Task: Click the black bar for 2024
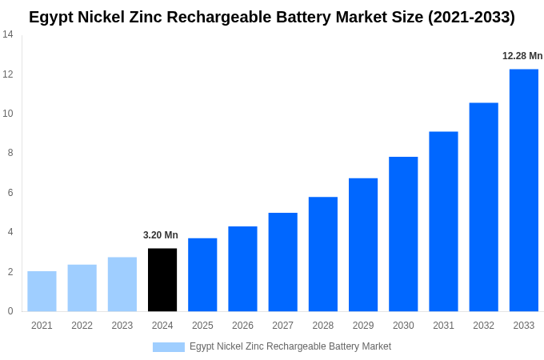pyautogui.click(x=162, y=280)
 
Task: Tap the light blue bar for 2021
pyautogui.click(x=42, y=291)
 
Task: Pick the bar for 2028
pyautogui.click(x=322, y=254)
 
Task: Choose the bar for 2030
pyautogui.click(x=403, y=234)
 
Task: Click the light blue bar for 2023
pyautogui.click(x=122, y=284)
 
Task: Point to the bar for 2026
pyautogui.click(x=242, y=269)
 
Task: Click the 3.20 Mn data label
pyautogui.click(x=161, y=235)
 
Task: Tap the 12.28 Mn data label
pyautogui.click(x=522, y=56)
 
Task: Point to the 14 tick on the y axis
pyautogui.click(x=8, y=34)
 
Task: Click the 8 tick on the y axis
pyautogui.click(x=10, y=153)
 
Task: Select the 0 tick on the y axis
pyautogui.click(x=10, y=311)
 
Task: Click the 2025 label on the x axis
pyautogui.click(x=202, y=326)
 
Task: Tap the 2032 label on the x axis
pyautogui.click(x=483, y=326)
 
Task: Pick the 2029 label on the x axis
pyautogui.click(x=363, y=326)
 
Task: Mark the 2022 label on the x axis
pyautogui.click(x=82, y=326)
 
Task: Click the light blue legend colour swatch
pyautogui.click(x=168, y=347)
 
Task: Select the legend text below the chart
pyautogui.click(x=290, y=346)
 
